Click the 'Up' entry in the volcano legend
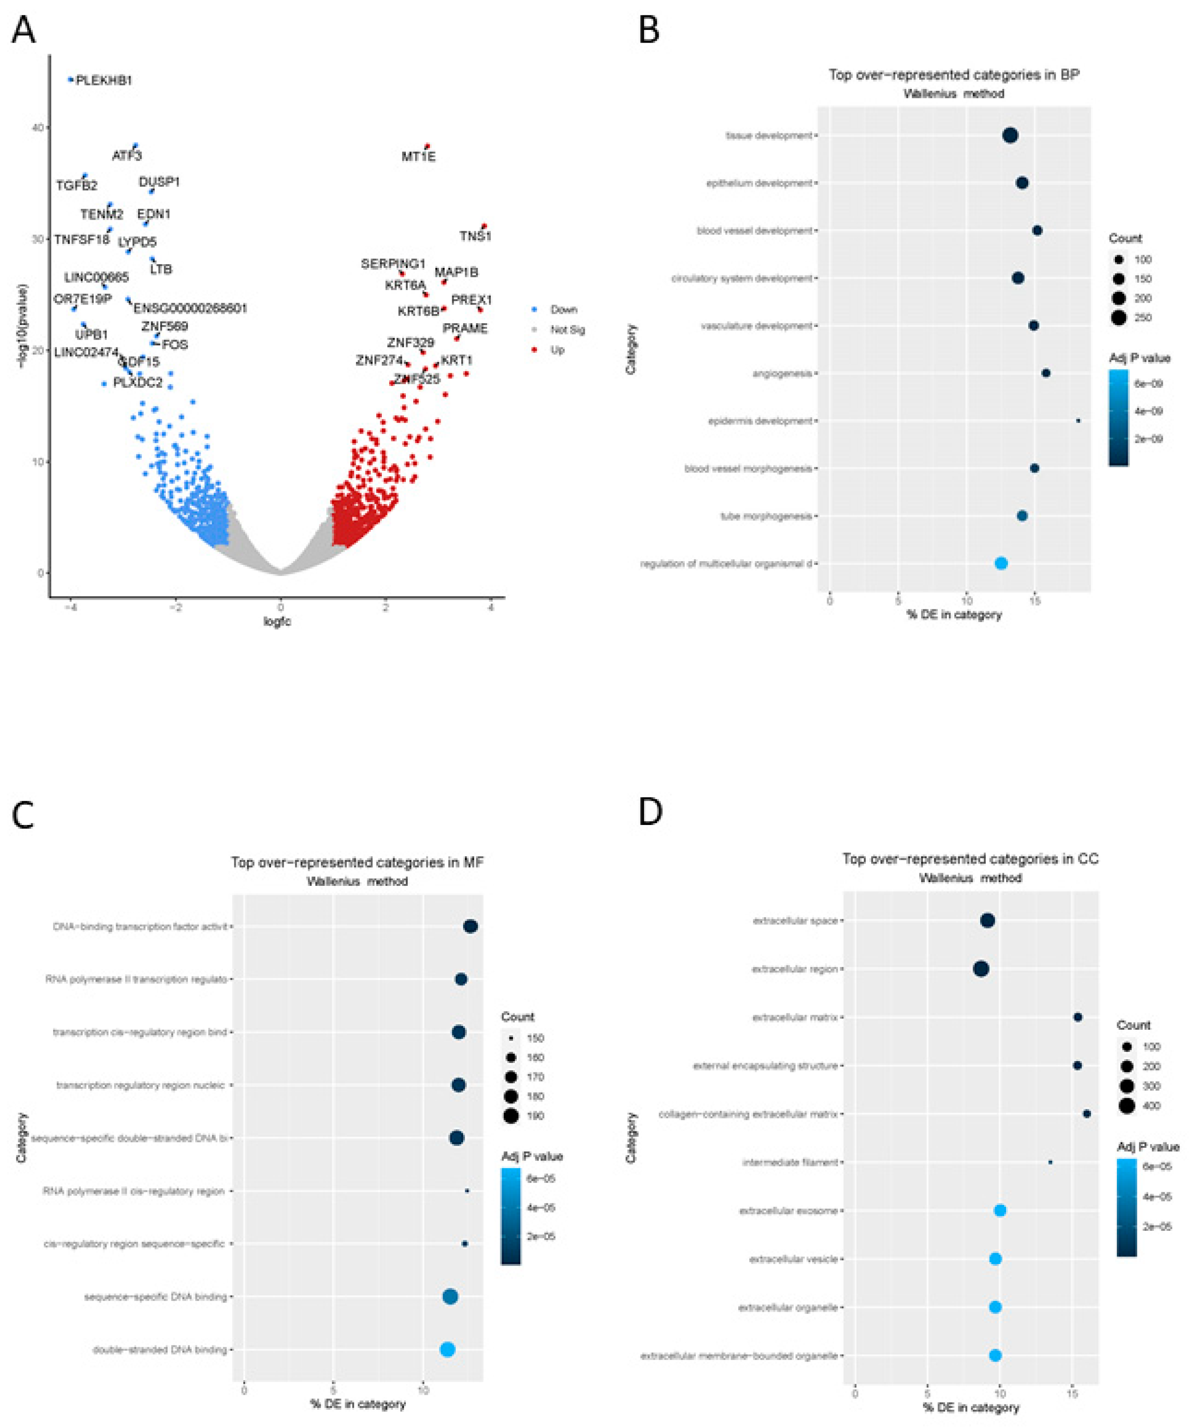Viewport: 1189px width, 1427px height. pos(557,350)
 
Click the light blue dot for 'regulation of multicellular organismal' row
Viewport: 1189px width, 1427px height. pos(1000,563)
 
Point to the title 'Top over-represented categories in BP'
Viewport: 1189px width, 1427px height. pos(953,75)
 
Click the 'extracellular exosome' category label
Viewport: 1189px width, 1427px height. pos(788,1211)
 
